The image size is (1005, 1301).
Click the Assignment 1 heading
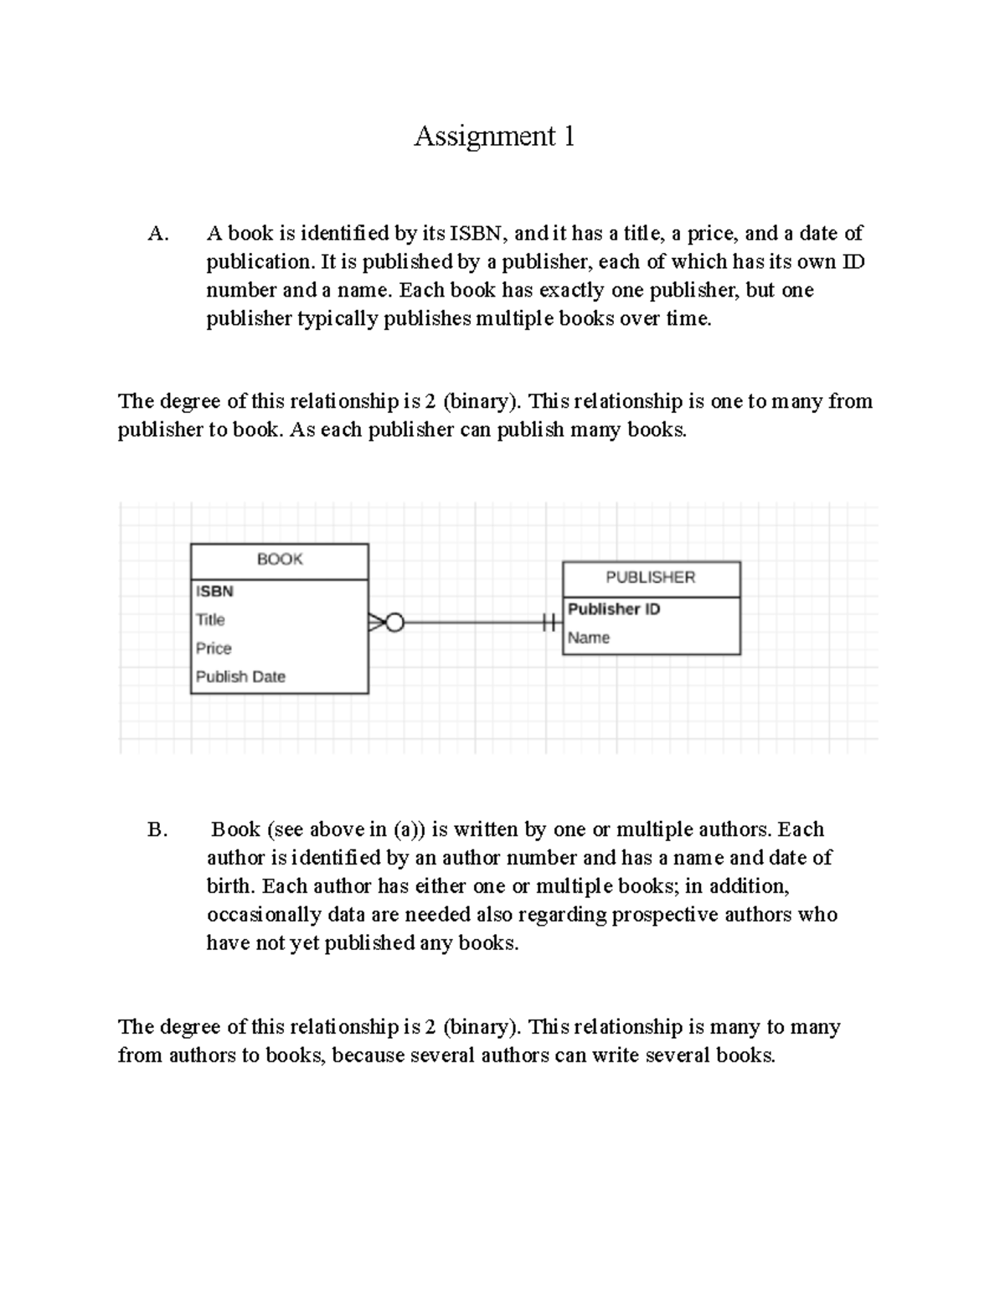(494, 136)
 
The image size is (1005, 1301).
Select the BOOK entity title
(280, 560)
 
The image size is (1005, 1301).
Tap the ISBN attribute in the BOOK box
(214, 591)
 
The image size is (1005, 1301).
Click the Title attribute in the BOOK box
(210, 620)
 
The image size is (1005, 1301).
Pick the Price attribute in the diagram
(214, 648)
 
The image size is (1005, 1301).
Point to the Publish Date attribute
(240, 677)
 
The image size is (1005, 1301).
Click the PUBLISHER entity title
(651, 577)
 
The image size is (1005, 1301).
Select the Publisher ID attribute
(614, 609)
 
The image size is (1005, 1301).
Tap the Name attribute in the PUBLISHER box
(589, 638)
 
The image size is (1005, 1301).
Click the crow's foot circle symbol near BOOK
(394, 622)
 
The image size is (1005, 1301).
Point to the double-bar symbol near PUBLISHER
(549, 622)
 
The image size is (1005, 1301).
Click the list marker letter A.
(157, 234)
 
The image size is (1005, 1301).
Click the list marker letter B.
(157, 830)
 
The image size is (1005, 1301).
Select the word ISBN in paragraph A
(477, 234)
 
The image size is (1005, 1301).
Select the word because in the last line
(368, 1056)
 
